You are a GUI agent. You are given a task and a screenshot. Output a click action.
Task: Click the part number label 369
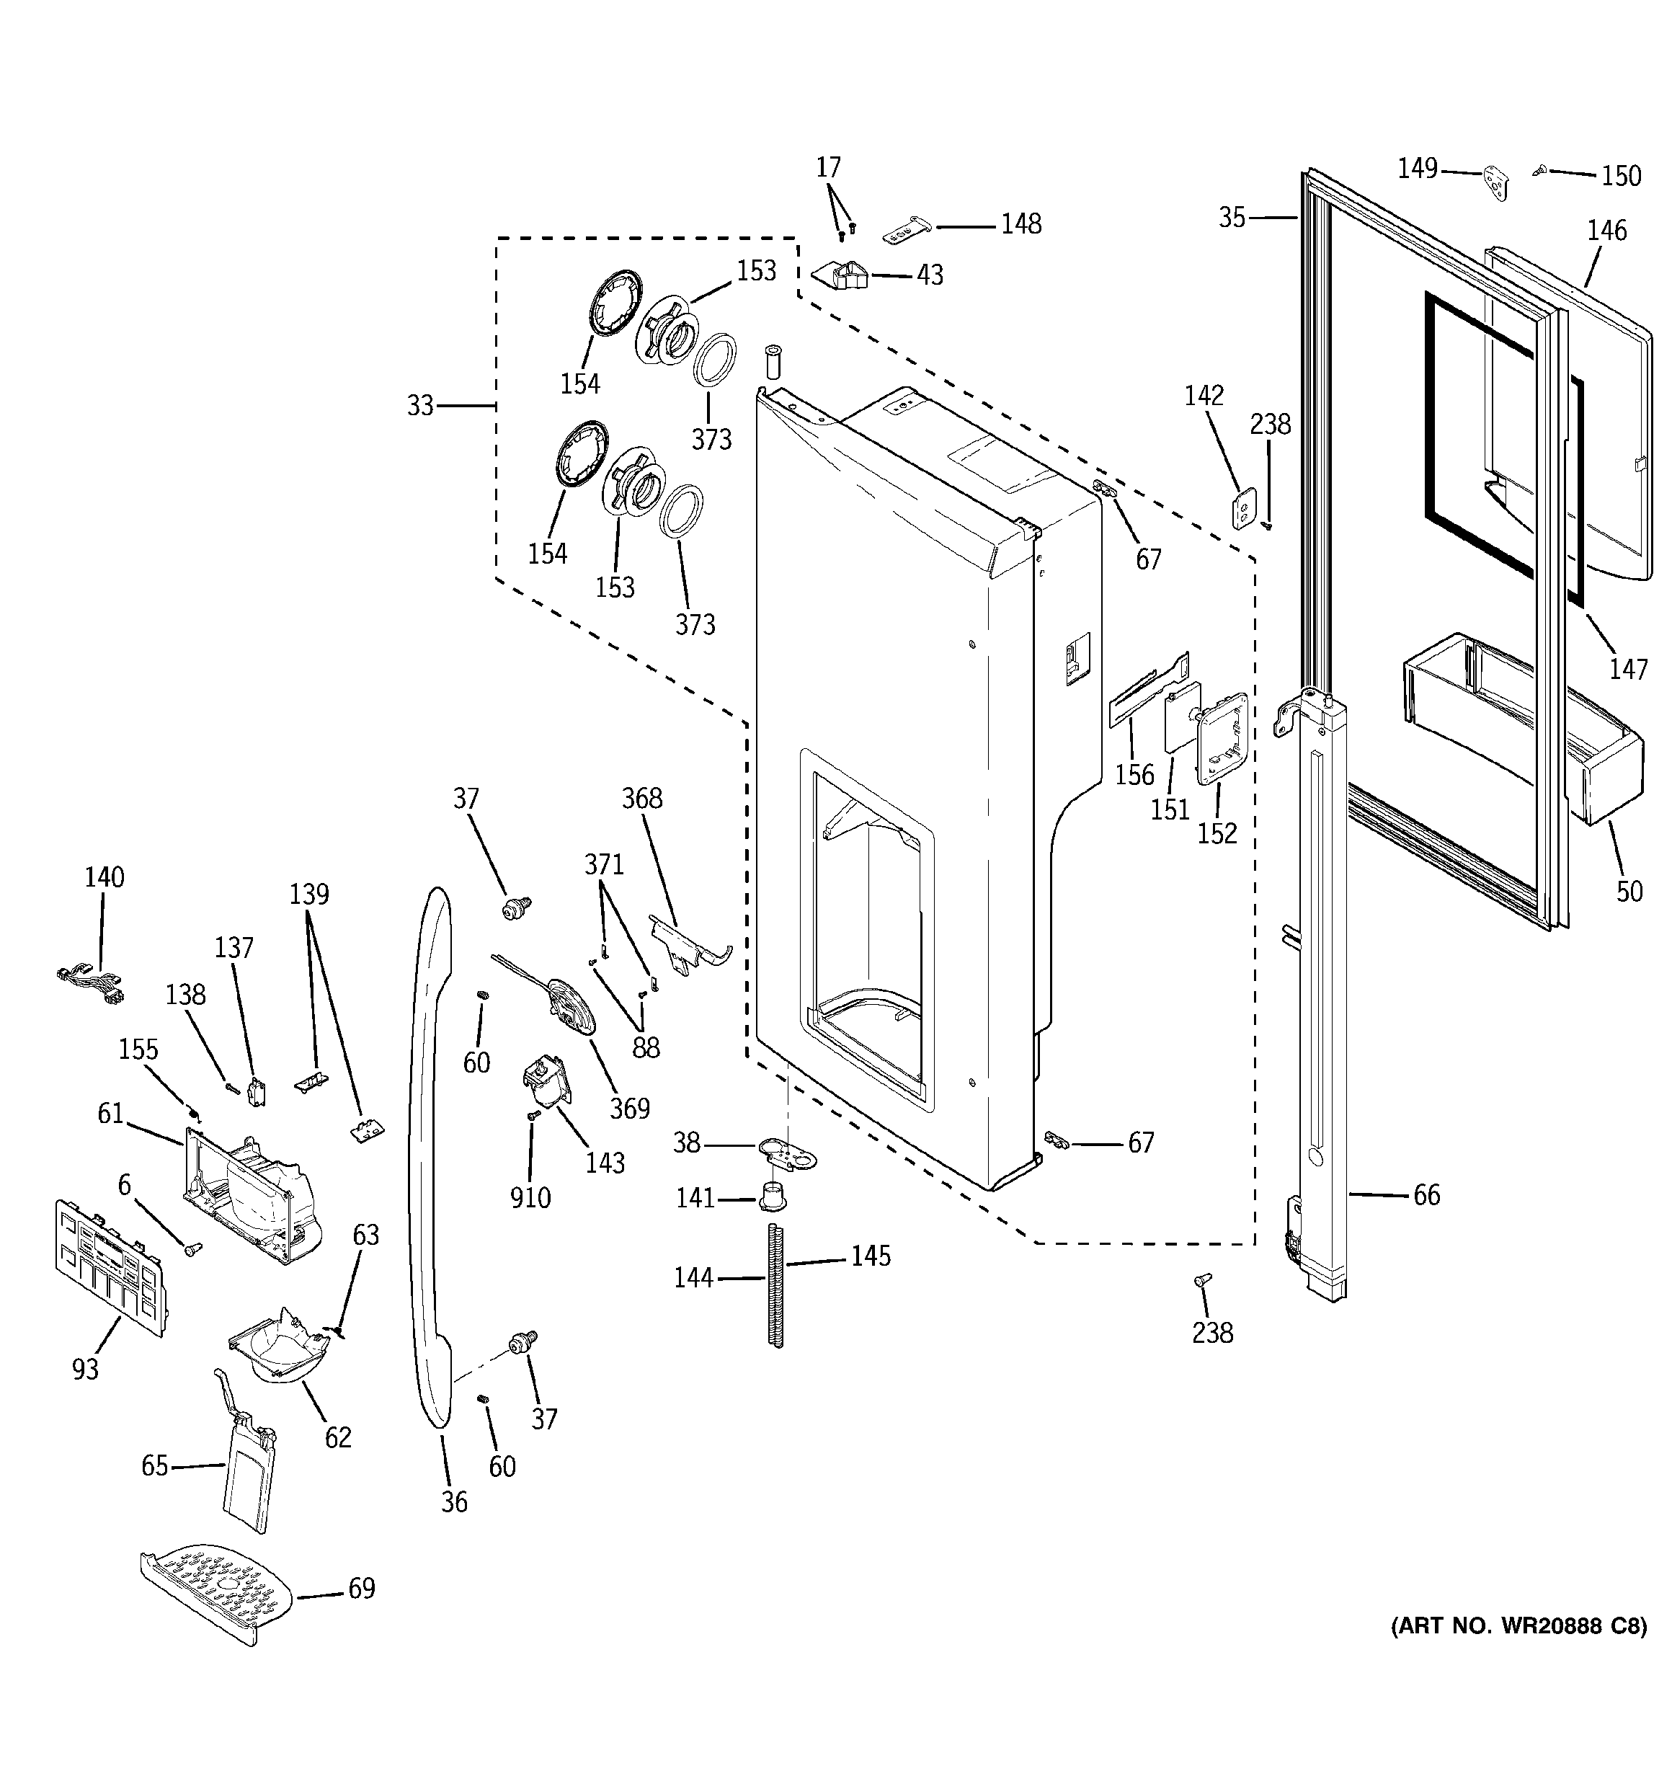(x=629, y=1109)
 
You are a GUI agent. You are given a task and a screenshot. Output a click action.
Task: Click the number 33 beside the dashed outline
(x=420, y=406)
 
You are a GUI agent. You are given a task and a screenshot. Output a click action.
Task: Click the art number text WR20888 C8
(x=1518, y=1651)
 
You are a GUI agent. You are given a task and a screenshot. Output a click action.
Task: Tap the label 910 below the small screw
(x=530, y=1197)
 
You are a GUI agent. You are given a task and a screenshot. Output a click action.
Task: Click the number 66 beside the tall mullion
(x=1426, y=1194)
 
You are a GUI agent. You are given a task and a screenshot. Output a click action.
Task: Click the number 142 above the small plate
(x=1204, y=395)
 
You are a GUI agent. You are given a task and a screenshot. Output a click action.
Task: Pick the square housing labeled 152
(x=1222, y=737)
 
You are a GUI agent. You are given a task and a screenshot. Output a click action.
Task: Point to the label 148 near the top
(x=1021, y=223)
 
